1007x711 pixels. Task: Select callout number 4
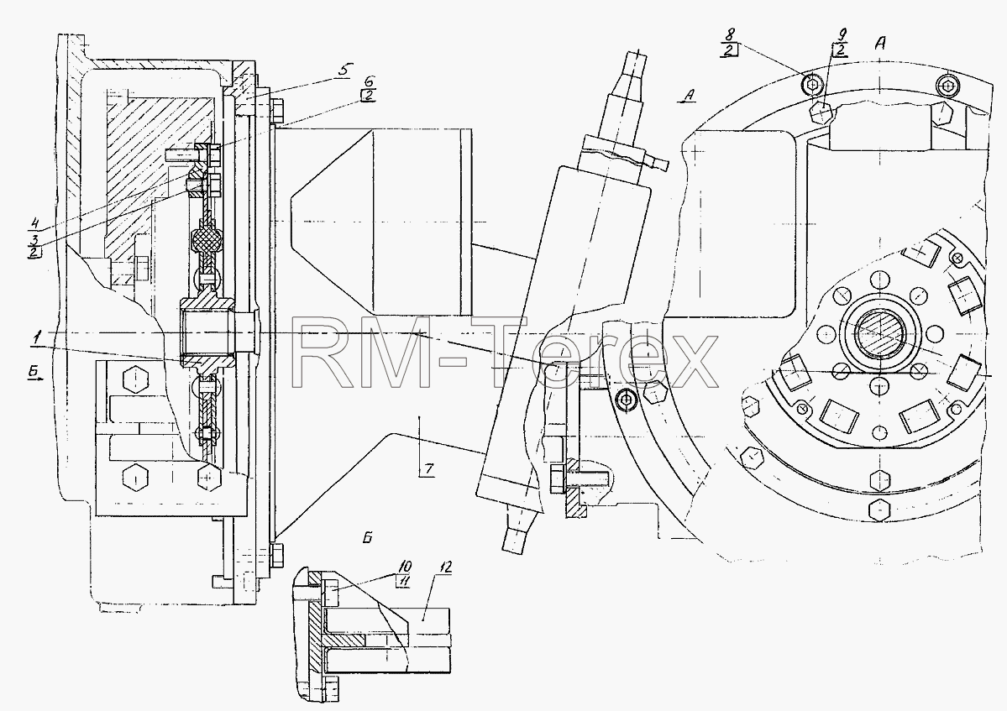pyautogui.click(x=34, y=225)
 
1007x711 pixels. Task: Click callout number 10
pyautogui.click(x=406, y=567)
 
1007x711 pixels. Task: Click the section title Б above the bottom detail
pyautogui.click(x=367, y=538)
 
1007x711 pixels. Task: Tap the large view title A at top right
pyautogui.click(x=880, y=43)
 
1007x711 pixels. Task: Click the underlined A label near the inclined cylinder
pyautogui.click(x=689, y=97)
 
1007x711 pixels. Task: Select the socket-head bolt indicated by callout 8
pyautogui.click(x=812, y=83)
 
